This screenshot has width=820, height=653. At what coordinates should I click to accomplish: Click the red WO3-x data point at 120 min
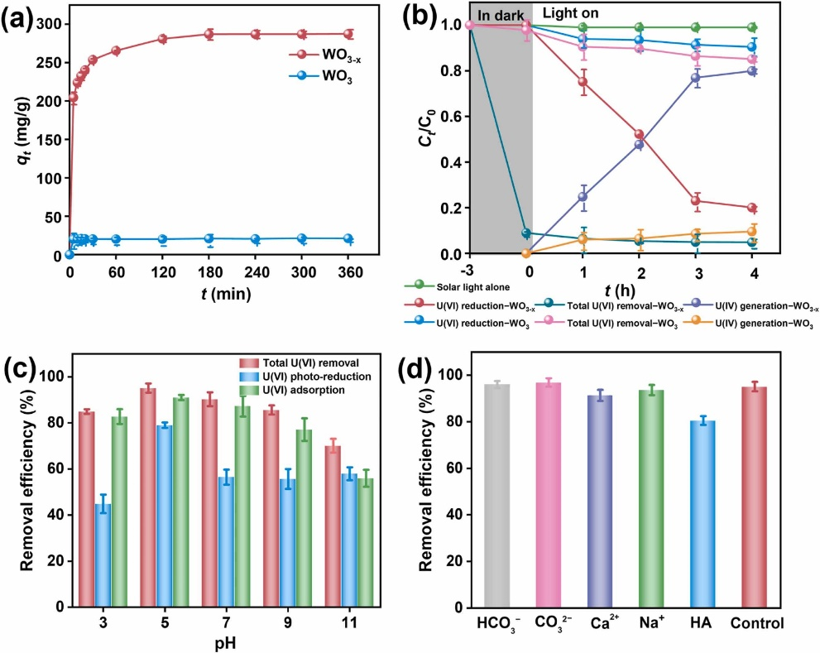[x=162, y=39]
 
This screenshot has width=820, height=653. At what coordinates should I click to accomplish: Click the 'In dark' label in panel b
[x=501, y=14]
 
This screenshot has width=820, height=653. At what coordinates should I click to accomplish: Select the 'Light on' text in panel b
[x=570, y=14]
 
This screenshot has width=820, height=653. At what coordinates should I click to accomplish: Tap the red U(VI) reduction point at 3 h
[x=695, y=201]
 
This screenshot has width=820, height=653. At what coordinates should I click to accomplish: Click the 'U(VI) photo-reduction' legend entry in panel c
[x=295, y=377]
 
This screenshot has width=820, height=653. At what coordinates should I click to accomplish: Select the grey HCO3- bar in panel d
[x=497, y=496]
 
